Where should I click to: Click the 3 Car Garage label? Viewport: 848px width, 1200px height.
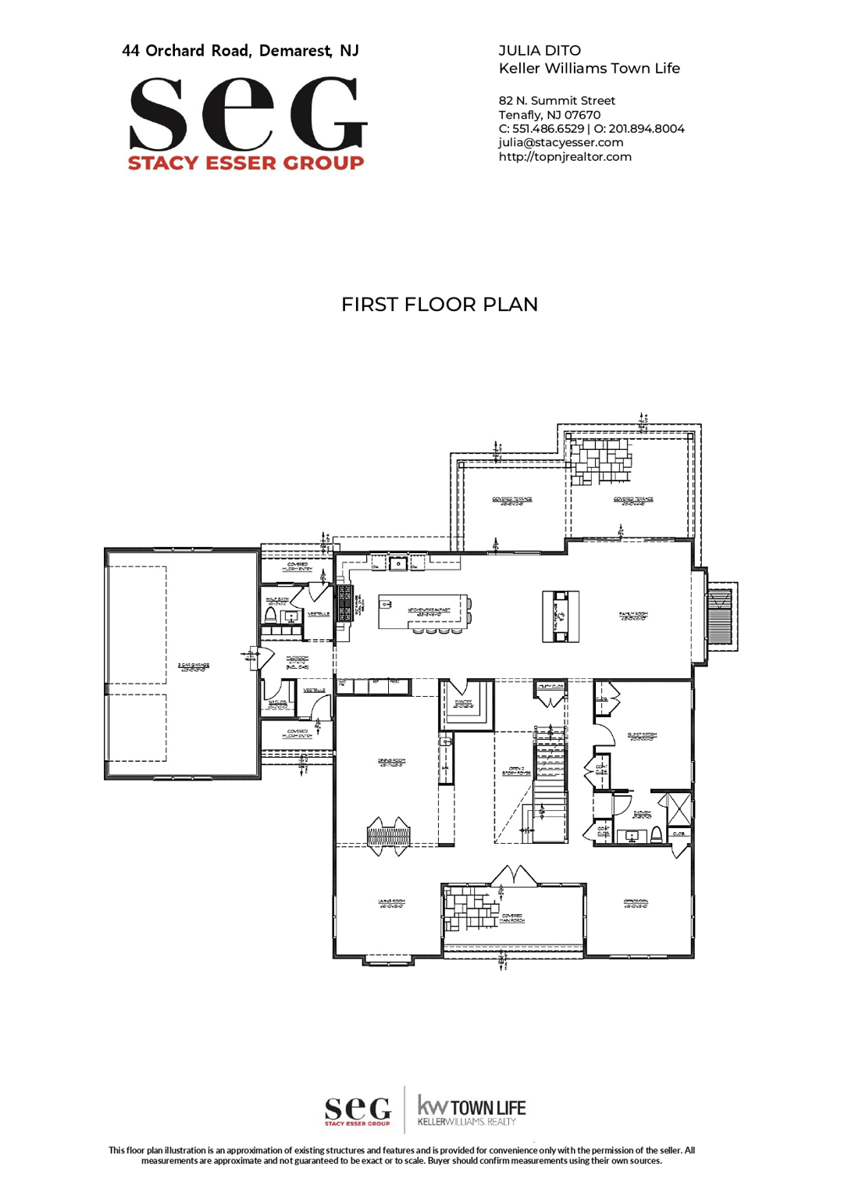tap(193, 666)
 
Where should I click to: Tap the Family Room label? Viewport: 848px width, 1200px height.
tap(633, 616)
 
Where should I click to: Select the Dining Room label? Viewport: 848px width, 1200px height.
tap(391, 762)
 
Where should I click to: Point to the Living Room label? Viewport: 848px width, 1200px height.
tap(391, 903)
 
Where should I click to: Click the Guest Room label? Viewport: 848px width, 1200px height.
tap(642, 736)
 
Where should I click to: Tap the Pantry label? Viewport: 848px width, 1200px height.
tap(463, 703)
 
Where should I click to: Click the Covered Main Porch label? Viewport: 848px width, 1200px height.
tap(512, 918)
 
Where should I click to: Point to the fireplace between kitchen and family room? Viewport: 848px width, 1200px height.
tap(561, 616)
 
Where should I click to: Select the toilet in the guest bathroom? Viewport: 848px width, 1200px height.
tap(657, 835)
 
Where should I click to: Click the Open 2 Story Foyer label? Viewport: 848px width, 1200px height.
tap(516, 771)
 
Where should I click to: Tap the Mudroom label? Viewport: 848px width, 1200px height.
tap(297, 662)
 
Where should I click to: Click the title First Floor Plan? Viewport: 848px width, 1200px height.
tap(439, 305)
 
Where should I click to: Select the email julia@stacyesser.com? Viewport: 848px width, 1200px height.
tap(561, 142)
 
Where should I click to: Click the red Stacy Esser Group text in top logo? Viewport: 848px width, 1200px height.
tap(246, 162)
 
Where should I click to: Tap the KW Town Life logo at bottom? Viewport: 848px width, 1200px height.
tap(472, 1109)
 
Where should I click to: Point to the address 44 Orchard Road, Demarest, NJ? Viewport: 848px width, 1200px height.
tap(241, 51)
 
